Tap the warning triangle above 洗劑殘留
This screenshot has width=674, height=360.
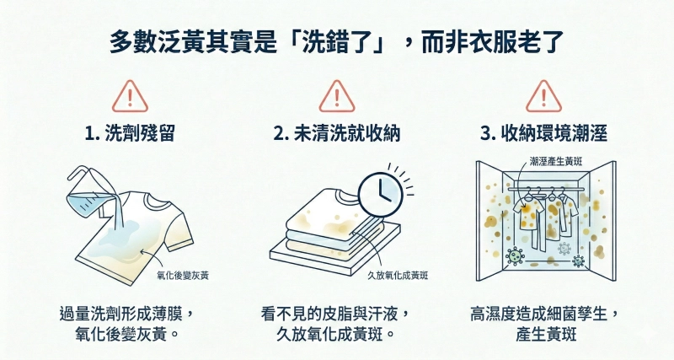point(129,97)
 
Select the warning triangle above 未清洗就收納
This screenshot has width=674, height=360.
point(336,97)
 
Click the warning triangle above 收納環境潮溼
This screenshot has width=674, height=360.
point(543,97)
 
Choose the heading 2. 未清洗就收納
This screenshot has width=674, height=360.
point(336,134)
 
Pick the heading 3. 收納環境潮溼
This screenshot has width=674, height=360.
point(543,134)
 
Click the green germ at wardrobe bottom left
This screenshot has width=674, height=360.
point(511,253)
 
